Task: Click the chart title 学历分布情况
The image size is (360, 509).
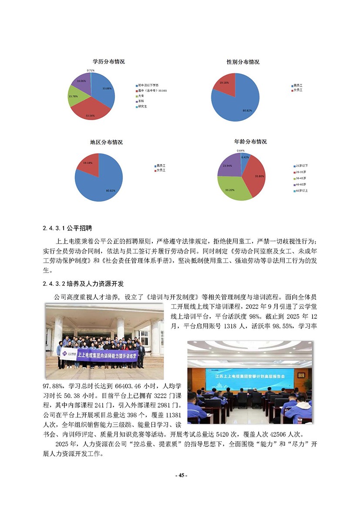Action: pyautogui.click(x=108, y=62)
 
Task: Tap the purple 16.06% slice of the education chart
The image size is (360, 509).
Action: pyautogui.click(x=81, y=82)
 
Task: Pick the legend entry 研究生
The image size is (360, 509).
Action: pyautogui.click(x=142, y=107)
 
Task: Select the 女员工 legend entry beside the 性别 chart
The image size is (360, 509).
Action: pyautogui.click(x=298, y=90)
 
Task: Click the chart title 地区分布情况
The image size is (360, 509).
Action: pyautogui.click(x=106, y=142)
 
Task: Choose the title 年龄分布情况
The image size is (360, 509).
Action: pyautogui.click(x=250, y=142)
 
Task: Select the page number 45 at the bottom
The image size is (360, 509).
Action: pyautogui.click(x=180, y=476)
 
